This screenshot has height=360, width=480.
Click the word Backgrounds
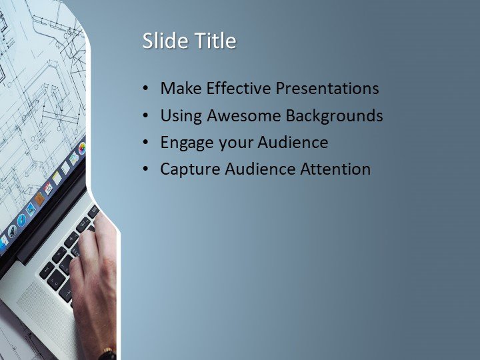[334, 116]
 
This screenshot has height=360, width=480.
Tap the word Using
[181, 116]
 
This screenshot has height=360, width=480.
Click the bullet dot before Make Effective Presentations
[146, 89]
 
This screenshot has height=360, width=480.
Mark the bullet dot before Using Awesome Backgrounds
[146, 116]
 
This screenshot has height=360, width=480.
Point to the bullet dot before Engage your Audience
[146, 143]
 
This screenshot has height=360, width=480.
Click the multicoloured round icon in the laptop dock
[81, 148]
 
